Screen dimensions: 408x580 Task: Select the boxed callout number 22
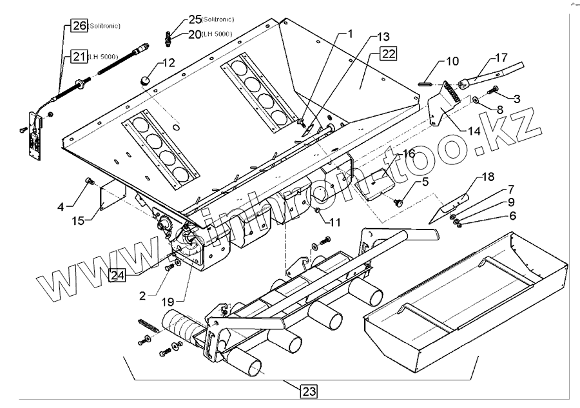pos(388,54)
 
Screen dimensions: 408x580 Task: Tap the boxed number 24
pos(117,275)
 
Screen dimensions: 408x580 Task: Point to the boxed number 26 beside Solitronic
pos(79,26)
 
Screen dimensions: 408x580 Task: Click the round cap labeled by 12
pos(145,79)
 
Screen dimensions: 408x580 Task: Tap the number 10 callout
pos(452,62)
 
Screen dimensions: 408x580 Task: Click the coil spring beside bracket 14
pos(452,92)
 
